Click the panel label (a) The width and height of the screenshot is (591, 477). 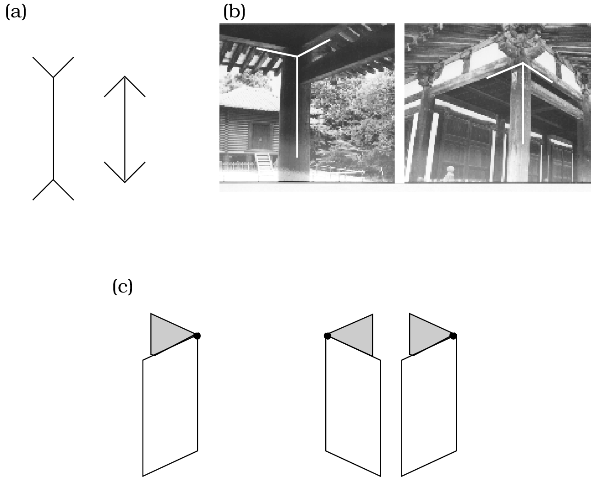[x=16, y=12]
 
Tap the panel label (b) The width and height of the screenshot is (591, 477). [x=234, y=12]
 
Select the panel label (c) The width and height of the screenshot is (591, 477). [x=122, y=287]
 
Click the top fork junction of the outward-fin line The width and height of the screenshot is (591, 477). [x=54, y=78]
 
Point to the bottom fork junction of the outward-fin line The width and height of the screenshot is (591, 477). [x=54, y=179]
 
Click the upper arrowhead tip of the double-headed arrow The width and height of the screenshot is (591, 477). [x=125, y=76]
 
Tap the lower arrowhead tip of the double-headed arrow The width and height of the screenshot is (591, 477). [x=125, y=182]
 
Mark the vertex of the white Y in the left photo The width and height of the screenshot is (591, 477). [x=297, y=56]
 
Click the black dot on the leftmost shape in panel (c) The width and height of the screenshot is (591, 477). [x=197, y=336]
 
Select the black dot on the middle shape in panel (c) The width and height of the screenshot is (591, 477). [x=327, y=336]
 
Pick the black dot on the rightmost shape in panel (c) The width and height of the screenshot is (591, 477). [x=453, y=336]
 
